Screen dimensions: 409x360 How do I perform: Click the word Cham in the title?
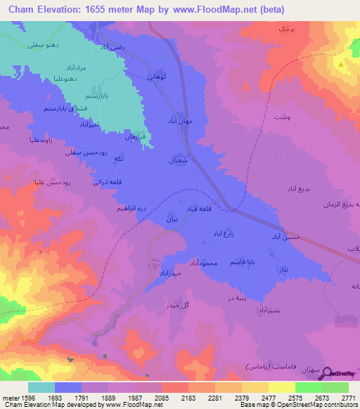click(x=29, y=11)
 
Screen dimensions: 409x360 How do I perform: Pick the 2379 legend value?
click(x=233, y=398)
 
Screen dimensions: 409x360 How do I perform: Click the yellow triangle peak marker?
click(x=341, y=65)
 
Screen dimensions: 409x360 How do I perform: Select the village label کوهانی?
click(x=155, y=76)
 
